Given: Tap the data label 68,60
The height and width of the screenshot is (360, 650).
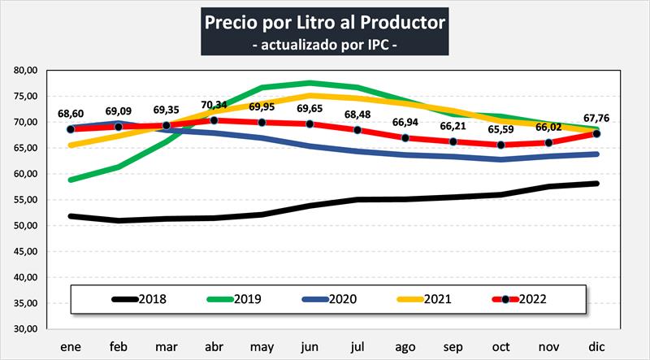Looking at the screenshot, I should click(x=71, y=113).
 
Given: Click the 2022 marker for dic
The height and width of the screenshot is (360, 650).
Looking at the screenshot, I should click(x=598, y=133).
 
